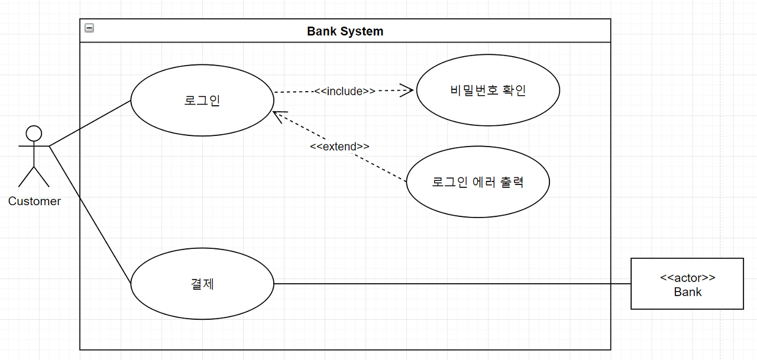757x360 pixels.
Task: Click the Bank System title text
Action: click(x=345, y=31)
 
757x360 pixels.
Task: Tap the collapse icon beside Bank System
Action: click(x=89, y=27)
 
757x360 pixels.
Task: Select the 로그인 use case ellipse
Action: click(x=202, y=100)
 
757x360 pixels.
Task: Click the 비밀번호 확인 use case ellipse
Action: click(x=488, y=90)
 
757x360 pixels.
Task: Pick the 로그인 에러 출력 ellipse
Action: click(x=478, y=182)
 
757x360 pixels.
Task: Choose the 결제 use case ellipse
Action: click(x=202, y=284)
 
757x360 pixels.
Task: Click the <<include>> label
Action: click(x=345, y=91)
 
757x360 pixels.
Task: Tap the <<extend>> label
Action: click(x=339, y=147)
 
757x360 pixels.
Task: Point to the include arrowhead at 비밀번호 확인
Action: click(x=407, y=90)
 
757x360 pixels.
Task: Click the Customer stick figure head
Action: click(x=34, y=132)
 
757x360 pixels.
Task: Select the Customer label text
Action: click(x=34, y=202)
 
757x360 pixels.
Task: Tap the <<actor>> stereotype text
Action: click(x=687, y=277)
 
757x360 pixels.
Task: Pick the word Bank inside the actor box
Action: click(x=687, y=292)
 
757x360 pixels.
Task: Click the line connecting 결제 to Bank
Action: click(x=449, y=284)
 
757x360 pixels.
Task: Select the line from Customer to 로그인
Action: click(x=89, y=123)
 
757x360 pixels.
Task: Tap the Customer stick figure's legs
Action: click(x=34, y=177)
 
